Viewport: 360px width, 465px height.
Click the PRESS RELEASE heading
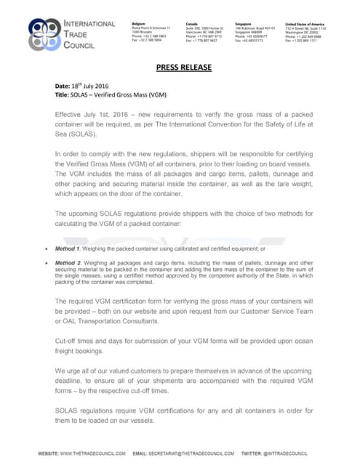coord(184,68)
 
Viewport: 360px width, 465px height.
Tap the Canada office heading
coord(192,24)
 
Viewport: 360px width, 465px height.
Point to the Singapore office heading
coord(244,24)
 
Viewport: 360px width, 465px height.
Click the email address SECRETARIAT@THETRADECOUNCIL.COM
coord(193,454)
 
